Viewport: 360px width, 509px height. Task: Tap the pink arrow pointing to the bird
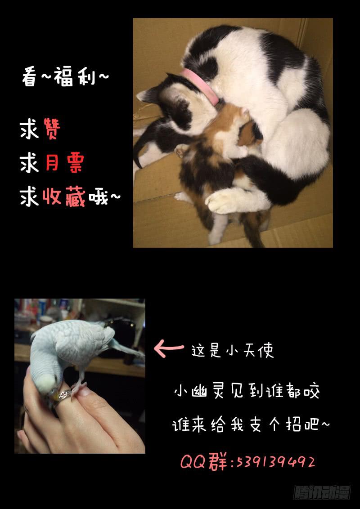[169, 348]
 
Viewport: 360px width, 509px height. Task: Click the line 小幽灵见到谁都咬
[247, 392]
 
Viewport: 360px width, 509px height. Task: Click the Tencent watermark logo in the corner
[322, 492]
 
